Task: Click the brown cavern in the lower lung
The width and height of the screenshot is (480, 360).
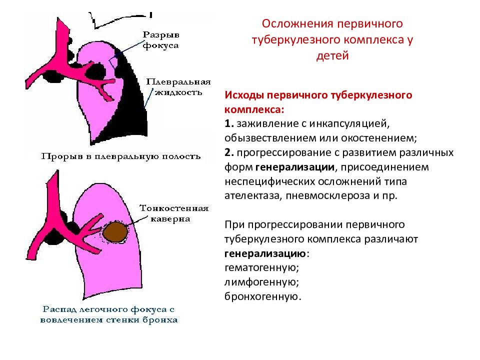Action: (x=115, y=231)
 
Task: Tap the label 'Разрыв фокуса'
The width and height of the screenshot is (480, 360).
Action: (x=161, y=40)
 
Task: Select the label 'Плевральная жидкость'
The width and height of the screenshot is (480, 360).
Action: (x=178, y=87)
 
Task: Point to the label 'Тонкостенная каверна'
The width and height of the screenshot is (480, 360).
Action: (x=174, y=213)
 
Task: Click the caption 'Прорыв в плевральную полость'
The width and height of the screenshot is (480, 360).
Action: (x=121, y=156)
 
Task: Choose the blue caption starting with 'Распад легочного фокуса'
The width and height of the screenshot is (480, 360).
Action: (x=109, y=314)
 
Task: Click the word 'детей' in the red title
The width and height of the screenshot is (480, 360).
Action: (x=332, y=55)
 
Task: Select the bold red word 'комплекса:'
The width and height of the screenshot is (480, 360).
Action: (x=254, y=109)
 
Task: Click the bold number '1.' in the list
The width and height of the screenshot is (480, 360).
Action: (x=229, y=123)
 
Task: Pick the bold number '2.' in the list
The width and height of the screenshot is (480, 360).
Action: (x=229, y=152)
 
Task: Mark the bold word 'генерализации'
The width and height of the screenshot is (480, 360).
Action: (x=295, y=167)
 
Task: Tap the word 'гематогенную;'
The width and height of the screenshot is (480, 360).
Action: (x=261, y=268)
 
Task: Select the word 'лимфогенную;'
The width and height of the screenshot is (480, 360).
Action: (x=261, y=282)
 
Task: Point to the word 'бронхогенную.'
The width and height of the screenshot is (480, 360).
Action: (x=263, y=296)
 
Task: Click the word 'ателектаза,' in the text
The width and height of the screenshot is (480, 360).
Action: (x=253, y=196)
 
